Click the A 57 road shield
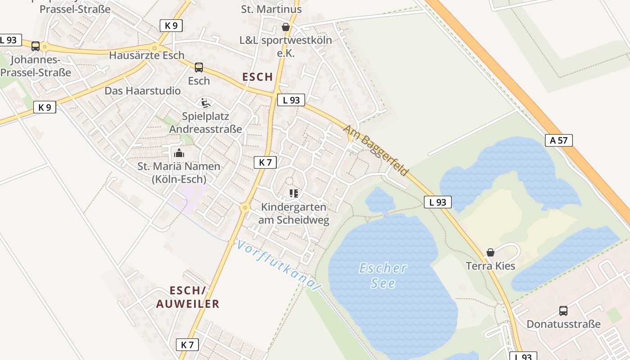559,140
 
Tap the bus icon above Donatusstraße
563,310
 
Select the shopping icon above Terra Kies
490,252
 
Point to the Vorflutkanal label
279,265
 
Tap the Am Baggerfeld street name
375,150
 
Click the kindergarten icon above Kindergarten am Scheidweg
294,193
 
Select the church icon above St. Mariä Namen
179,153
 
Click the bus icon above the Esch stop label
198,67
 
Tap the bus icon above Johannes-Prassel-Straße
35,46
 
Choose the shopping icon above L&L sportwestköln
285,27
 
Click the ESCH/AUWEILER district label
188,297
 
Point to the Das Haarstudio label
143,91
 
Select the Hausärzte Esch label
147,55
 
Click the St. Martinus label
271,9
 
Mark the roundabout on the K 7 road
245,207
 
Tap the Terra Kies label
490,266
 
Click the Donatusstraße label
563,324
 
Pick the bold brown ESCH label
258,77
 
